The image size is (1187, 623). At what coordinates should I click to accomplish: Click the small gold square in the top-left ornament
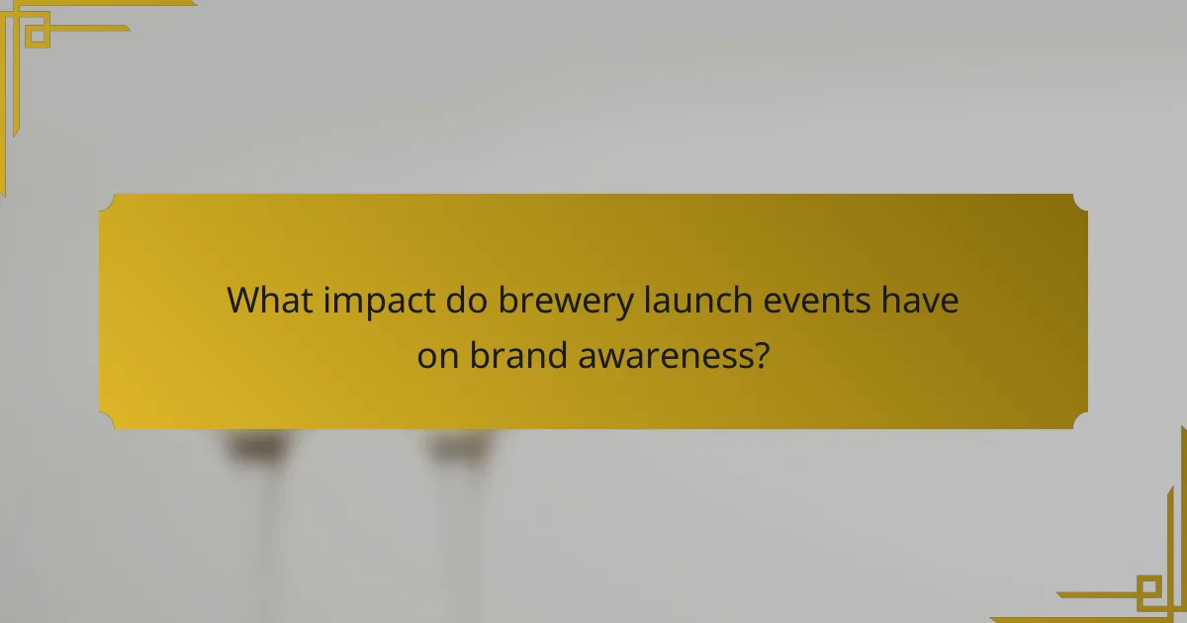pos(37,36)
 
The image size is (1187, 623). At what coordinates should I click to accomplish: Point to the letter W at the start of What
pos(243,301)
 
